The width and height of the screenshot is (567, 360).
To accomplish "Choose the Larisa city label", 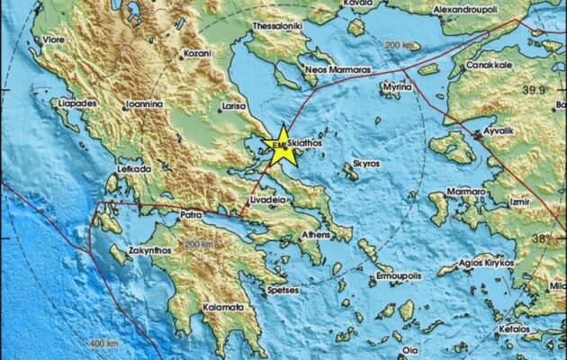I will [x=234, y=106].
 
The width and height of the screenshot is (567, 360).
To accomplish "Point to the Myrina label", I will [x=396, y=90].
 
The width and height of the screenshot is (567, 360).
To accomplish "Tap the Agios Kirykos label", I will [x=485, y=263].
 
